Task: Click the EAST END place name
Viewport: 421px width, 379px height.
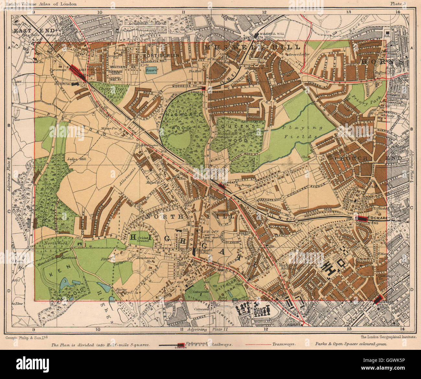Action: coord(25,30)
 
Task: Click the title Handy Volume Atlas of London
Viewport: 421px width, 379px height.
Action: coord(41,4)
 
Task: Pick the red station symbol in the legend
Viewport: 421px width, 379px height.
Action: coord(180,345)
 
